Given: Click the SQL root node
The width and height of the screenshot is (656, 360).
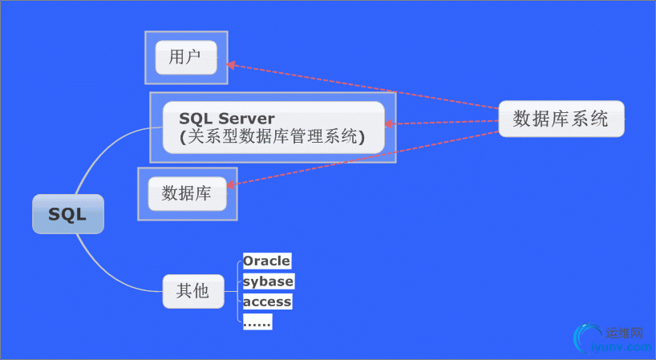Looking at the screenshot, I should [x=68, y=214].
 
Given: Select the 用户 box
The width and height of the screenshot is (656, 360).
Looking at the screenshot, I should [x=186, y=57].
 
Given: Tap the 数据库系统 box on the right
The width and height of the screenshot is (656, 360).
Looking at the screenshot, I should [x=561, y=119].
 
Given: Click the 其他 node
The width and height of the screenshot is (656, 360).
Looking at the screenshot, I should [x=192, y=290].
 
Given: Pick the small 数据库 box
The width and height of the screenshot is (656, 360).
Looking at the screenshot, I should [x=187, y=194].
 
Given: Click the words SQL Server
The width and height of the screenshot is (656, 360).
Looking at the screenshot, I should [x=227, y=119].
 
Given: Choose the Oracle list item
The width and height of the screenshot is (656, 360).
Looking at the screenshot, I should [x=267, y=261].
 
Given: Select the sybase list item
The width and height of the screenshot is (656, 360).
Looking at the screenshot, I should [x=268, y=281].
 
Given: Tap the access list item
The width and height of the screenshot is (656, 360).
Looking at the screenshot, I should [x=267, y=301].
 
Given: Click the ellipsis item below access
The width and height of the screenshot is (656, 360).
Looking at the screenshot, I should [x=257, y=322].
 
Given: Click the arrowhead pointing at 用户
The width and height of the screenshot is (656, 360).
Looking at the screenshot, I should [x=230, y=65].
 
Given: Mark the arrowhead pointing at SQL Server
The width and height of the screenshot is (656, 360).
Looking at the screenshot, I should [x=390, y=124].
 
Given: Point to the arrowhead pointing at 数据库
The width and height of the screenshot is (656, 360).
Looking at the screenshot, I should [x=231, y=186].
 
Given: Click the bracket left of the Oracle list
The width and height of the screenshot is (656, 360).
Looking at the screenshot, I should [x=240, y=290].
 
